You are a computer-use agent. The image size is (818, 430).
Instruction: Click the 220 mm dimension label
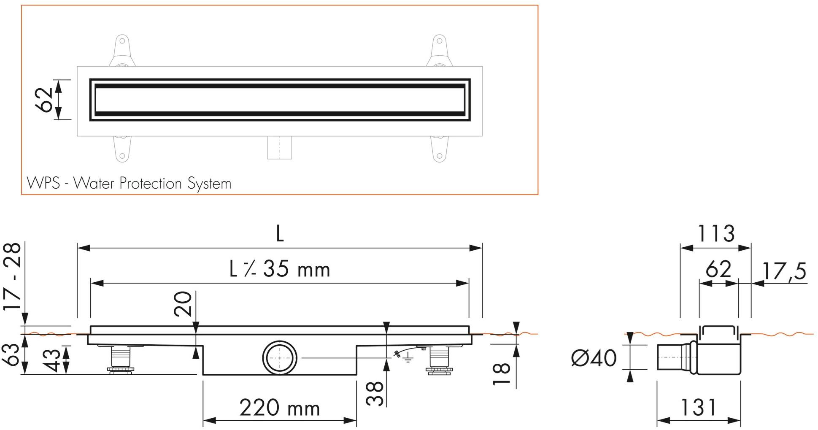coord(280,408)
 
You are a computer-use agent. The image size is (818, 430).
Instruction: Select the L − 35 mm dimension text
coord(280,269)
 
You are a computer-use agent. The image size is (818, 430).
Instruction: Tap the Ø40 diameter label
coord(594,358)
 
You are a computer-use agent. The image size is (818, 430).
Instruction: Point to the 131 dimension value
coord(699,407)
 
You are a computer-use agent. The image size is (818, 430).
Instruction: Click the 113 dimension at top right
coord(715,233)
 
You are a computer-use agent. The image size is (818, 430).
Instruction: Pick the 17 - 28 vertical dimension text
coord(13,276)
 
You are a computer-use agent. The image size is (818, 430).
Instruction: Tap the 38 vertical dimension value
coord(375,393)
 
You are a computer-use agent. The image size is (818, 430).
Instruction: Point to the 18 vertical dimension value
coord(502,374)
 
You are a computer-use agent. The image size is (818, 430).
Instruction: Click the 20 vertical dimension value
coord(184,304)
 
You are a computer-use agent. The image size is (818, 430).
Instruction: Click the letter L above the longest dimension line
coord(280,233)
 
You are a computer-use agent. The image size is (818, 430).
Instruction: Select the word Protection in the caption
coord(151,184)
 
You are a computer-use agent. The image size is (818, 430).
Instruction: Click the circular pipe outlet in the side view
coord(280,357)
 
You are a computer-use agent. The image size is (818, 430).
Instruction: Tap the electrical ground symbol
coord(407,359)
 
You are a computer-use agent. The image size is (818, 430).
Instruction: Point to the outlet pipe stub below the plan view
coord(279,148)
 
